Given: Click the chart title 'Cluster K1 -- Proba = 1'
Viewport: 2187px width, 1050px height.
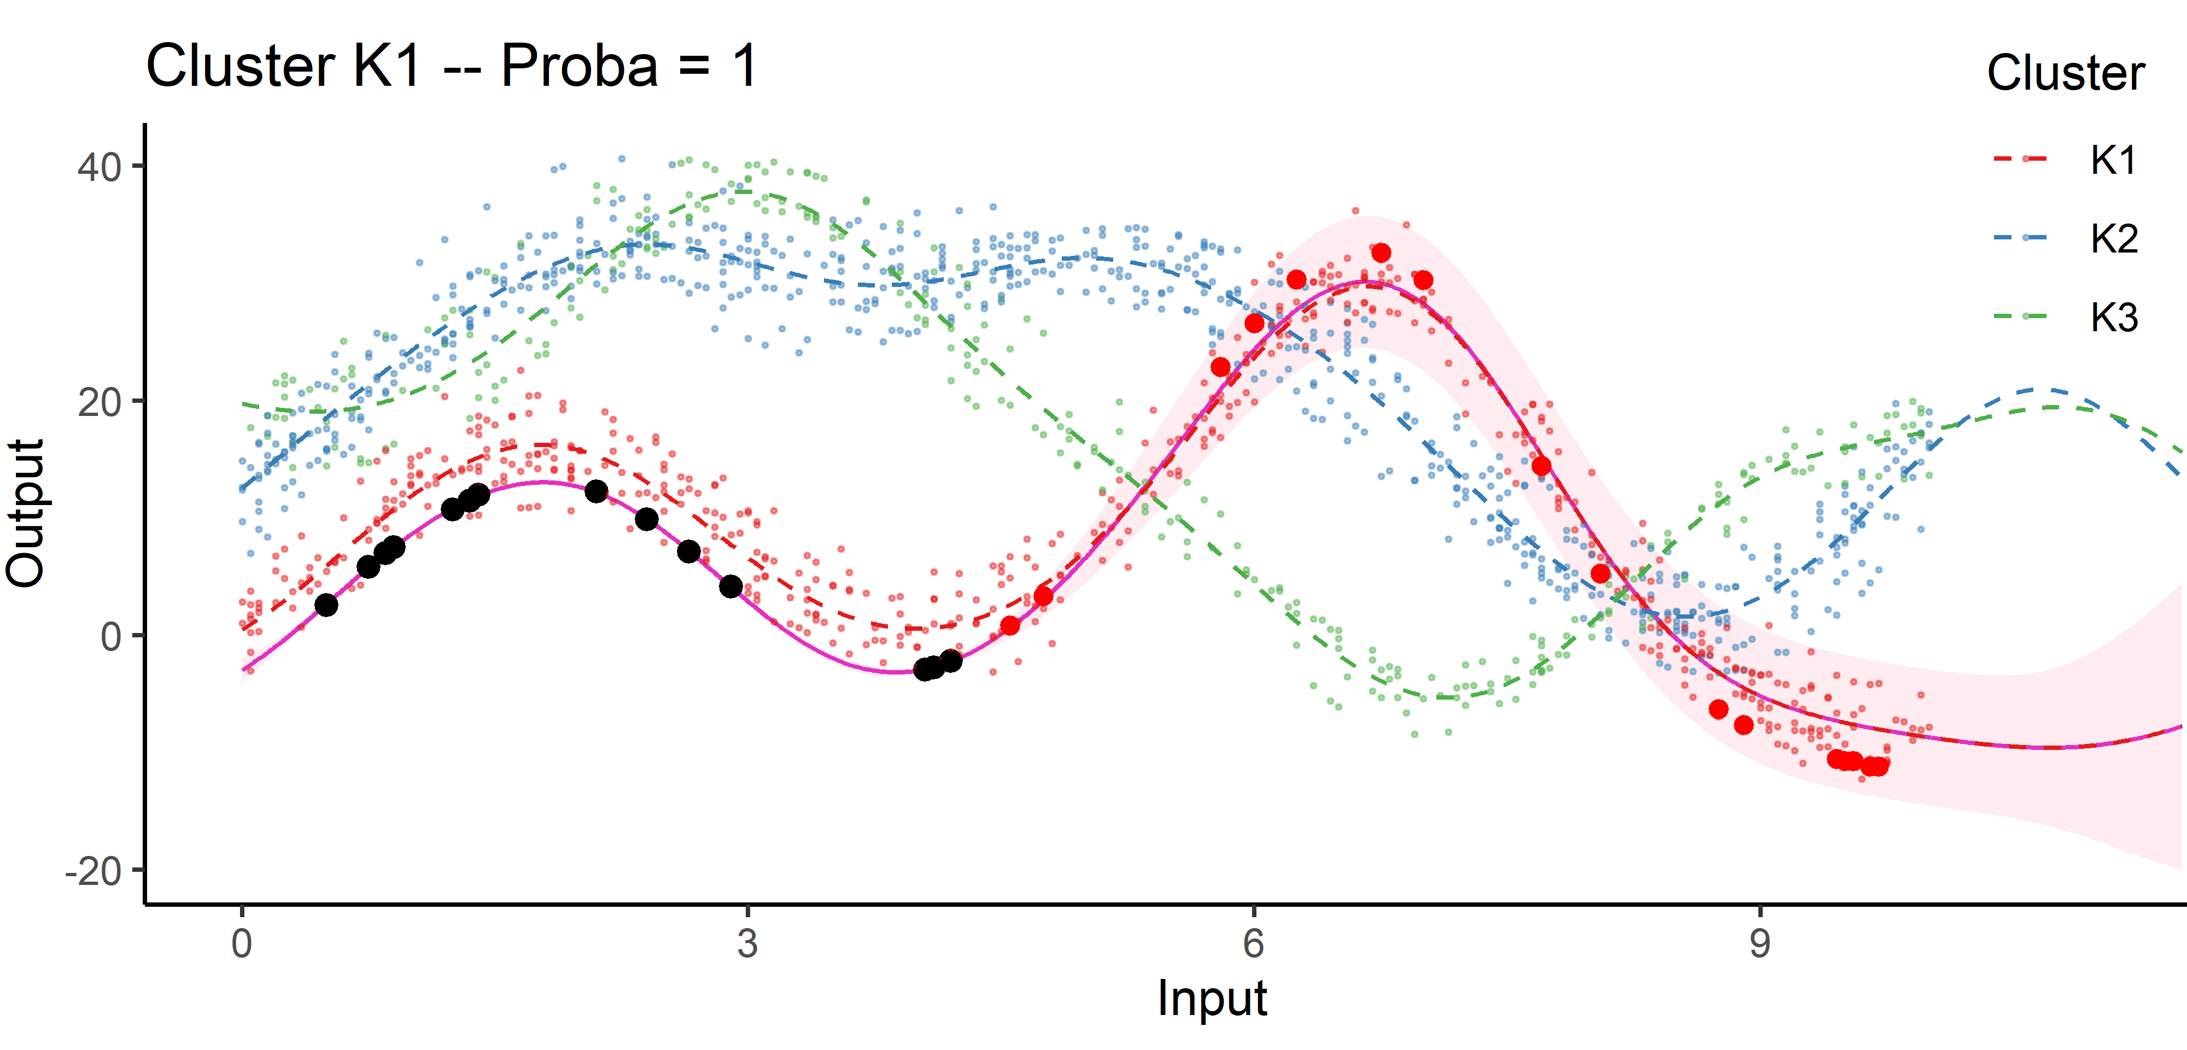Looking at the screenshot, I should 452,66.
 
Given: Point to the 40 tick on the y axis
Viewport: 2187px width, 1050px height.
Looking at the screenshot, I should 100,166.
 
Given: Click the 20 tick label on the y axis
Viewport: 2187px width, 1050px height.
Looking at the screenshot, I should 100,402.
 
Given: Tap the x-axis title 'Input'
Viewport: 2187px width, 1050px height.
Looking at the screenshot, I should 1212,998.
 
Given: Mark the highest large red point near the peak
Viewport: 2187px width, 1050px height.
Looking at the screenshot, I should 1381,253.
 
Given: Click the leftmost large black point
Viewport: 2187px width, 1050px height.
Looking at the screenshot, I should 326,605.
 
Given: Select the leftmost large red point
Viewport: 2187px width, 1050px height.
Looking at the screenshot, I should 1009,626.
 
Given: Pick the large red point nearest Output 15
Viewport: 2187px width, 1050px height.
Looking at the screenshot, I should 1541,466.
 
